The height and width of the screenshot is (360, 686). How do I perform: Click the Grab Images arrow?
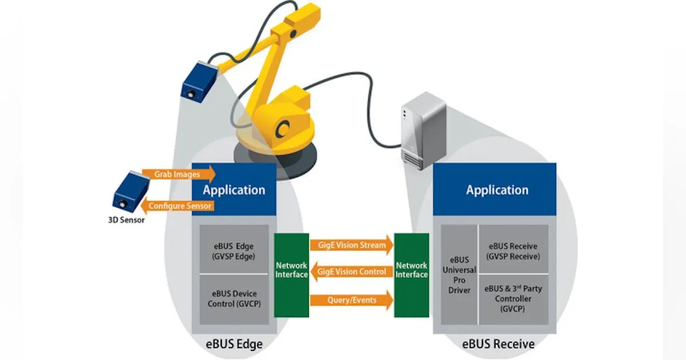coord(177,174)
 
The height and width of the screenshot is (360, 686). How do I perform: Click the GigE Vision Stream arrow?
coord(352,246)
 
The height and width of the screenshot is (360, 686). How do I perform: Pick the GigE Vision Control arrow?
coord(352,272)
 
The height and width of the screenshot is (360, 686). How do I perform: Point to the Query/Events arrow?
coord(352,300)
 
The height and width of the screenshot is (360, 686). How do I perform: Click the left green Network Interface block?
coord(292,274)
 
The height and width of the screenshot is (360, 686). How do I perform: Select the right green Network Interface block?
coord(412,274)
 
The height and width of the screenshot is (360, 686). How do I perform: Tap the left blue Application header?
coord(234,190)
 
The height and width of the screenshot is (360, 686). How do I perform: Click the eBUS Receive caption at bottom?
coord(498,344)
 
